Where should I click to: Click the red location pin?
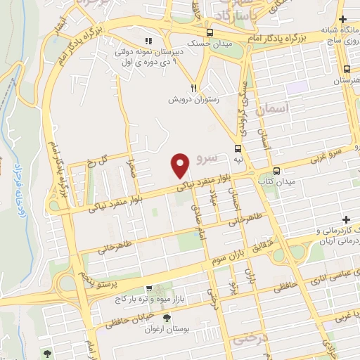click(181, 165)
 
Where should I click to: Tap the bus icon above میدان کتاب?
click(276, 171)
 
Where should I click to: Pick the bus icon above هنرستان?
click(347, 69)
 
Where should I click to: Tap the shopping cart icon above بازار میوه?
click(148, 288)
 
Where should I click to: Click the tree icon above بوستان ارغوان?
click(167, 319)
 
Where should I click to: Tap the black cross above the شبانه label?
click(342, 19)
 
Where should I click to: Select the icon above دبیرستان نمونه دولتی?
click(148, 40)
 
